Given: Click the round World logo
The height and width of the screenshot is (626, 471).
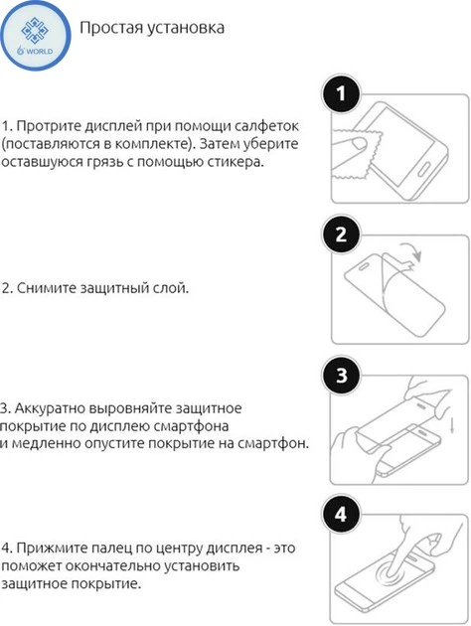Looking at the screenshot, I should [x=35, y=35].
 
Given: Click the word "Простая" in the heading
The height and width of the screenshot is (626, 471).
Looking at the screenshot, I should [x=112, y=28].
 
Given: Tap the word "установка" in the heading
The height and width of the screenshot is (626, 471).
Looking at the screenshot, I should [x=186, y=28].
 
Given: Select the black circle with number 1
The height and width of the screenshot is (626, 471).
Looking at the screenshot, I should [x=342, y=96].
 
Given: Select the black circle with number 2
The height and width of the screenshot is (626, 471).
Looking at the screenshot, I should [x=342, y=236].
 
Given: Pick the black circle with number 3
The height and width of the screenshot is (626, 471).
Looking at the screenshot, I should [x=342, y=377].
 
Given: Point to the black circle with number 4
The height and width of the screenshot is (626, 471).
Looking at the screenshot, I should [x=342, y=517].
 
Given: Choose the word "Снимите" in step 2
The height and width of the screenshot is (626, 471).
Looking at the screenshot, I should [x=47, y=288].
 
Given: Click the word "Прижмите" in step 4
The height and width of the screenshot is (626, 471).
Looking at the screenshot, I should [x=50, y=548].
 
